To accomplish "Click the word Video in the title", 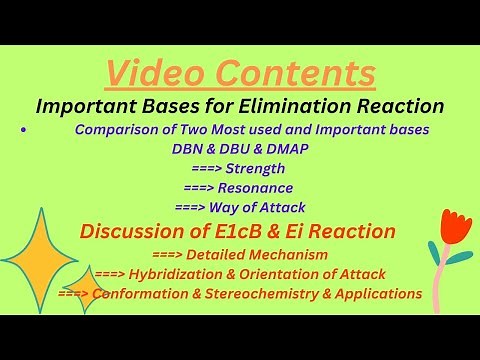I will click(x=154, y=73).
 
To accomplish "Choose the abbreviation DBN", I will click(x=190, y=149).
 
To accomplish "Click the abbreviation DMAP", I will click(x=291, y=149).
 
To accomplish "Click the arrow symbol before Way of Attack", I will click(x=192, y=207).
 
